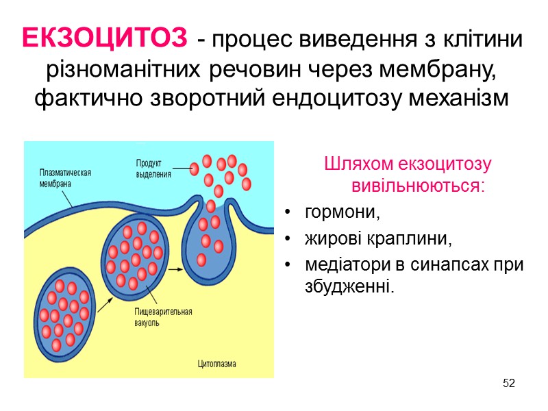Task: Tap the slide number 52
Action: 508,382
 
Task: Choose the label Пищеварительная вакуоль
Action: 163,316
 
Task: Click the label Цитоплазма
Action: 216,364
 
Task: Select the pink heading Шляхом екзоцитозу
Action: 408,164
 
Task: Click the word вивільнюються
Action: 417,186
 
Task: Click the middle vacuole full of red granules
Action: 134,253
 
